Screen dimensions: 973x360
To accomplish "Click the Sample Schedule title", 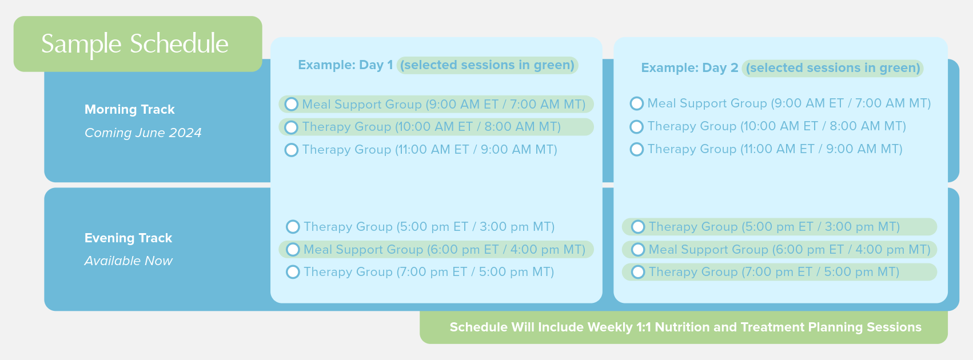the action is [x=135, y=44].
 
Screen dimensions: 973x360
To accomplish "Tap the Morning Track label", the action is [x=129, y=110].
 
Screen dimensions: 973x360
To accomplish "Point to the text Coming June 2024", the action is [x=143, y=133].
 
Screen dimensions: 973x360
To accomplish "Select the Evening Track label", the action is [x=128, y=238].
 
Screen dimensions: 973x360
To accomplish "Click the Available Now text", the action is [x=128, y=261].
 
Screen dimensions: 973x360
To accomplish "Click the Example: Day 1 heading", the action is [x=345, y=65].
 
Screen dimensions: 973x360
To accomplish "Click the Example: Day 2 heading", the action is [x=690, y=68].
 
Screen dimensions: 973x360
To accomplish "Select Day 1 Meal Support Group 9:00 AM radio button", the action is [x=292, y=104].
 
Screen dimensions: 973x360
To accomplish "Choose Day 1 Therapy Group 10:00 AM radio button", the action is [x=292, y=127].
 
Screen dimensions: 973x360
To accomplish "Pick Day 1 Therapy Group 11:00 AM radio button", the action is [x=292, y=150].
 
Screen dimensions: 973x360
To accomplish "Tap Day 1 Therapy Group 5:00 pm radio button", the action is [x=293, y=227].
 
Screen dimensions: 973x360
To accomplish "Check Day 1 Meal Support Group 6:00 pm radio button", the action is [x=293, y=249].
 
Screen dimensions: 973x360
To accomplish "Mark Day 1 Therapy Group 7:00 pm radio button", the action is [x=293, y=272].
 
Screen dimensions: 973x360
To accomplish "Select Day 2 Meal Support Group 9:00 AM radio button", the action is [x=637, y=103].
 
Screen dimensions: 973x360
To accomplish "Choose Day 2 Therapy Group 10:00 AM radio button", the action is [x=637, y=126].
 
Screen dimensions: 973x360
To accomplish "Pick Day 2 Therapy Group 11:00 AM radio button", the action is [x=637, y=149].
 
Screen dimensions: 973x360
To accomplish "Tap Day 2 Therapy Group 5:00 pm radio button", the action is [x=638, y=227].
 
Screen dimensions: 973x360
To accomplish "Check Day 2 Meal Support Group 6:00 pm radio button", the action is [x=638, y=249].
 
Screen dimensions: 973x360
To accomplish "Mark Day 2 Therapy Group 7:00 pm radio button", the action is [x=638, y=272].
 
